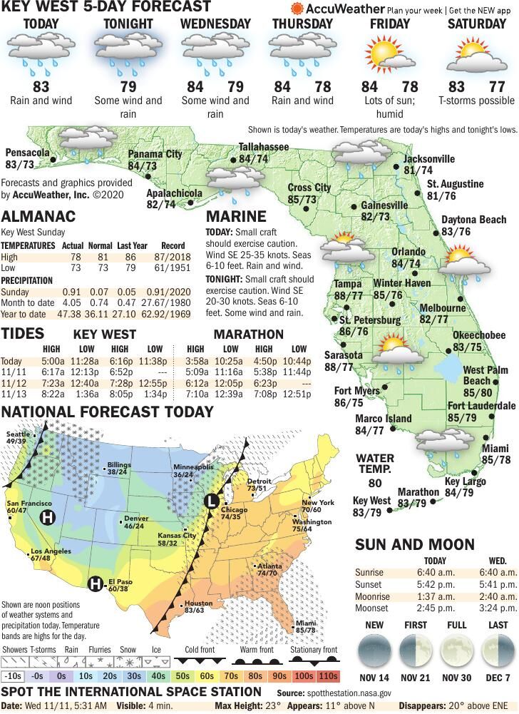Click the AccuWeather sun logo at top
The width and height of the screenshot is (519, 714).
pos(297,9)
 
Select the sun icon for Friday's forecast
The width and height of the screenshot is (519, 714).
pos(389,56)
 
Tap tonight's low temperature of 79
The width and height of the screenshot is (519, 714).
pos(128,87)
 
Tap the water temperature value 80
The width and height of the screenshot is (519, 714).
pos(375,484)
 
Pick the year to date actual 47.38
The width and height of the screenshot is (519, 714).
pos(73,314)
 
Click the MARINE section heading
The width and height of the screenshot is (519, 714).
pos(236,216)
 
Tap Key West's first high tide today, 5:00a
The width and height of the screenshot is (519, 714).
pos(52,361)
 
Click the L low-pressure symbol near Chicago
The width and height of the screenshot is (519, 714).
pos(211,501)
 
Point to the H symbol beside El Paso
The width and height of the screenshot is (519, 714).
pos(94,585)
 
